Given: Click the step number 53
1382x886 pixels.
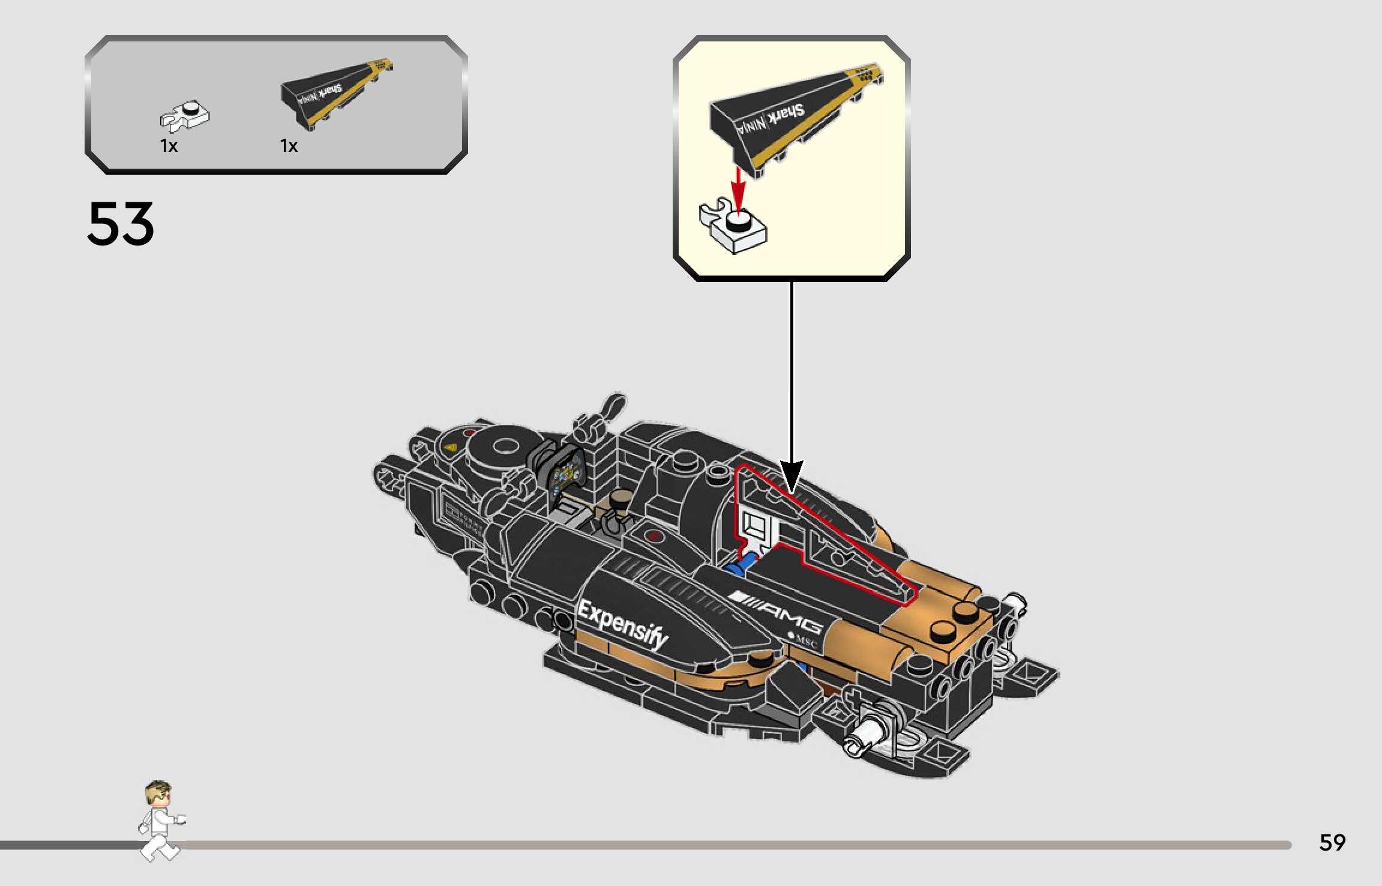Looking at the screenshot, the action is tap(121, 223).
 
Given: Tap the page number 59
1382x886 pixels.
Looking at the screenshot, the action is tap(1332, 843).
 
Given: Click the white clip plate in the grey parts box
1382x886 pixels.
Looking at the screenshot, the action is tap(185, 116).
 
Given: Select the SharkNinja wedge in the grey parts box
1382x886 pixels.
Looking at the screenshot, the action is tap(336, 93).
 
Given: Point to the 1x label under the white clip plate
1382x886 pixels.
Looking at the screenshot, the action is tap(169, 146).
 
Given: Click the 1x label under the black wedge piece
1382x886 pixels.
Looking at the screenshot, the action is tap(289, 146).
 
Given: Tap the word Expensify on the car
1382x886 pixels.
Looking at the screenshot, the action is tap(622, 624).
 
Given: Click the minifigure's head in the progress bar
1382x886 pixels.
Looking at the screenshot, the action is tap(158, 794).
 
